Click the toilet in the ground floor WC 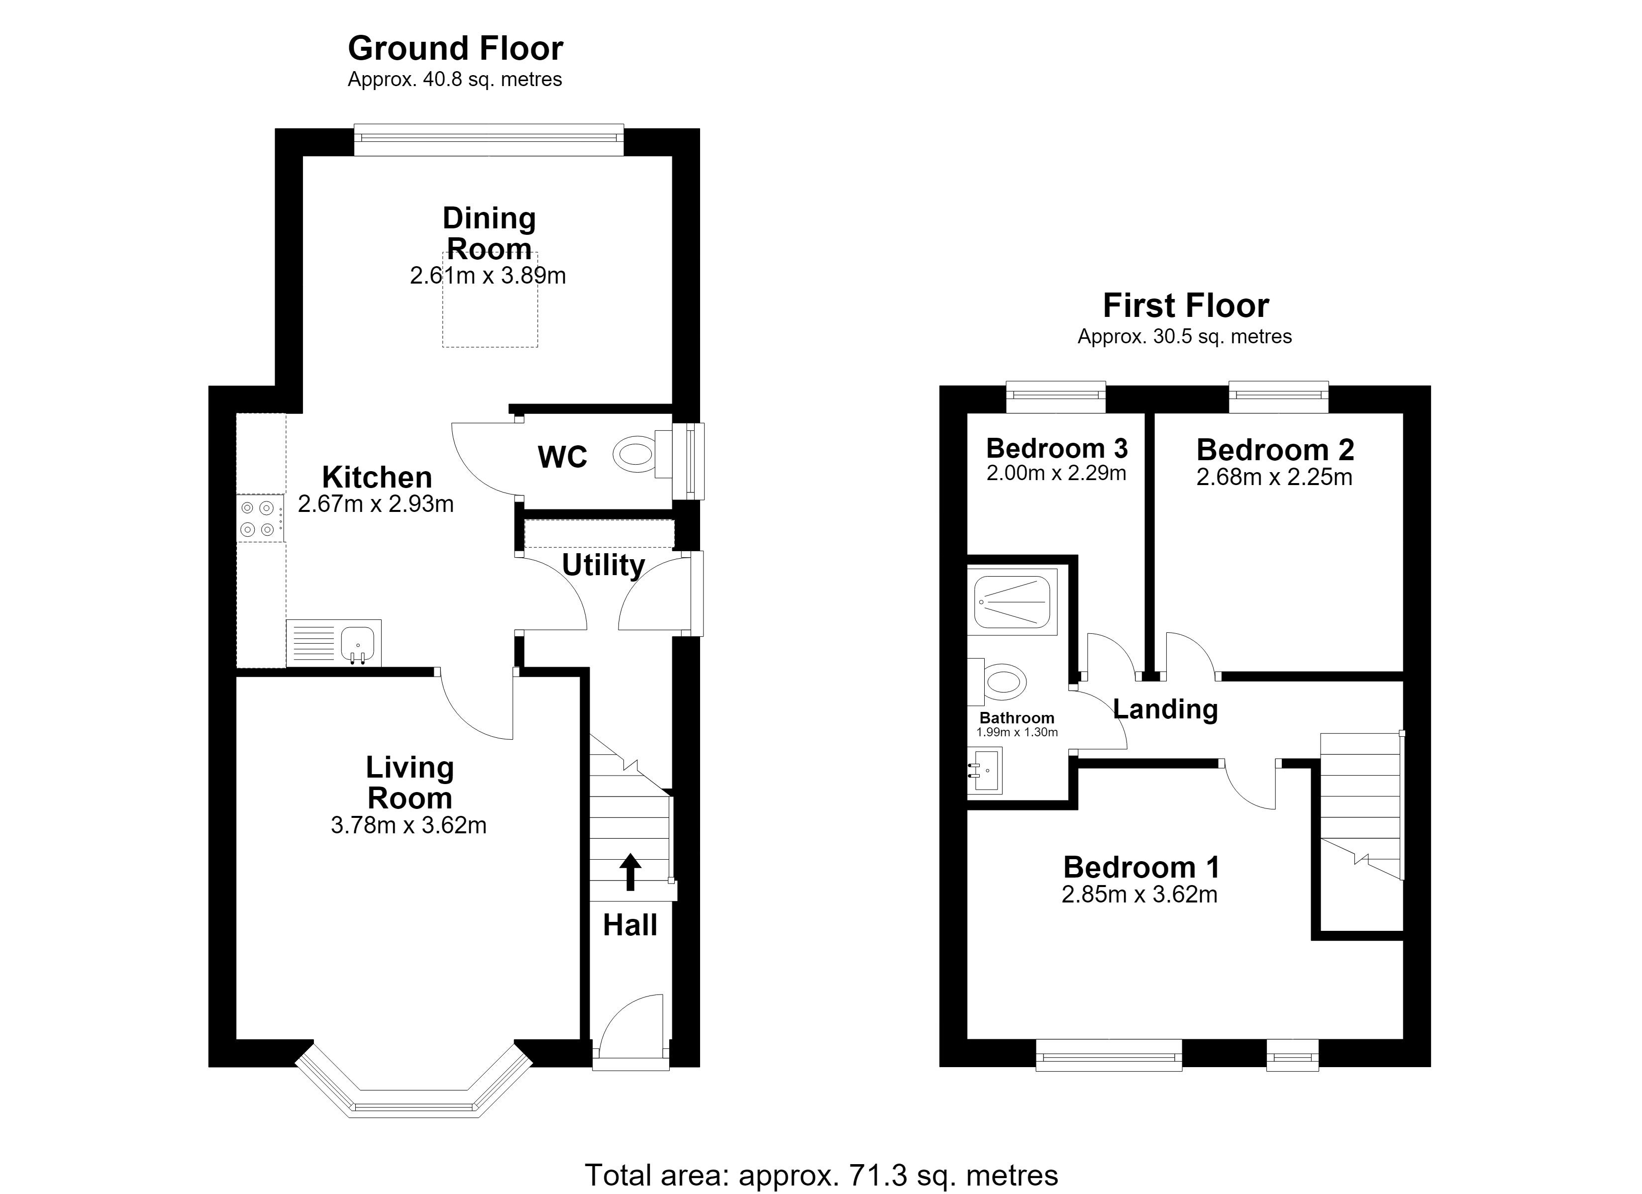(643, 454)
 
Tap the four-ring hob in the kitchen (260, 518)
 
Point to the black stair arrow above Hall (630, 871)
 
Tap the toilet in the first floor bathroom (998, 682)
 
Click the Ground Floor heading (455, 49)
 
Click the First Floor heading (1186, 305)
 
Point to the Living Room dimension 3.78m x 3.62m (409, 825)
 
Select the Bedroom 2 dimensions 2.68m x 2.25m (1274, 477)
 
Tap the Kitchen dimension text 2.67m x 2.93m (376, 504)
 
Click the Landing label (1165, 709)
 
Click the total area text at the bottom (821, 1175)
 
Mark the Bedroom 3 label (1057, 448)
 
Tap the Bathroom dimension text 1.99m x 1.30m (1017, 732)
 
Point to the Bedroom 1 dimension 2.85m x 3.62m (1139, 895)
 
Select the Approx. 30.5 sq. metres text (1184, 337)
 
